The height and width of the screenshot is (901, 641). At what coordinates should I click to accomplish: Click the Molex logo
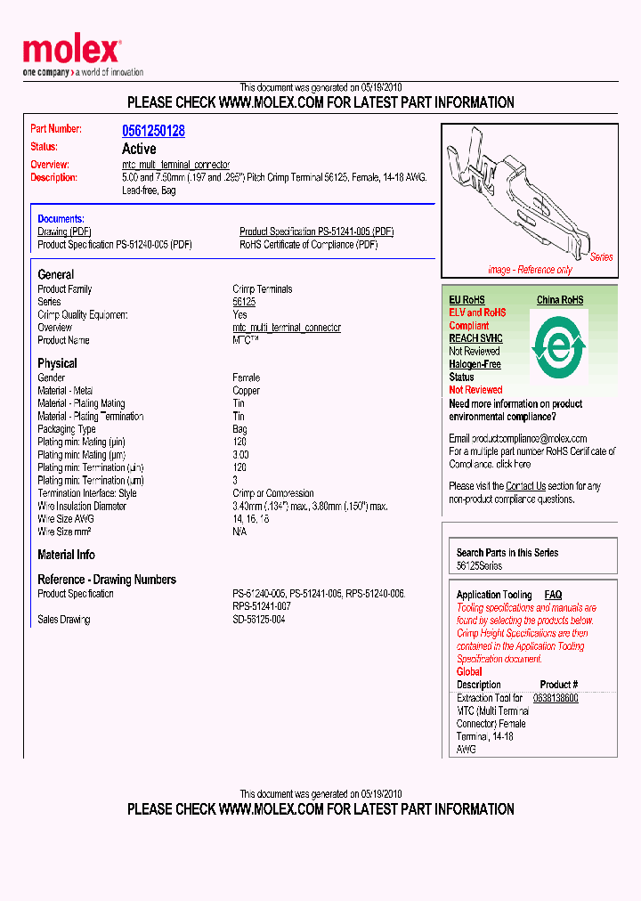click(72, 52)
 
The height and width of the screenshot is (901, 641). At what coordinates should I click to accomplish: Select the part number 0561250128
click(153, 131)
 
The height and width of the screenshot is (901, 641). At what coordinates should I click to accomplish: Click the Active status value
click(139, 149)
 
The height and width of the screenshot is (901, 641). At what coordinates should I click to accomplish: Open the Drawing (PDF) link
click(65, 231)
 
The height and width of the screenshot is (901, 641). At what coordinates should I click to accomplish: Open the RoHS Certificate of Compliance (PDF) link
click(308, 245)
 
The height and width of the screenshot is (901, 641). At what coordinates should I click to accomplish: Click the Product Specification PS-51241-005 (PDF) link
click(316, 231)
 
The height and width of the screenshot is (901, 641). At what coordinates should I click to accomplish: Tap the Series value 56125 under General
click(244, 302)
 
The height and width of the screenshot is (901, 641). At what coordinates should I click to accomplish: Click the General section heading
click(55, 275)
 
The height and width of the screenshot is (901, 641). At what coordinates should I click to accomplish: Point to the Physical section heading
click(57, 363)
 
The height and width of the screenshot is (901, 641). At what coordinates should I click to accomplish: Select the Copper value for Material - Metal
click(246, 391)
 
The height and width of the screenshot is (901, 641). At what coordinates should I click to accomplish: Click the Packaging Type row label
click(67, 429)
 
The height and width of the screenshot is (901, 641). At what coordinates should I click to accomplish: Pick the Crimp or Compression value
click(272, 493)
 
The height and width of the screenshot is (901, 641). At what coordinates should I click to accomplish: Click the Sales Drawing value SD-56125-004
click(258, 620)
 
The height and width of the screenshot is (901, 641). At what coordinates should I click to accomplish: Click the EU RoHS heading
click(467, 300)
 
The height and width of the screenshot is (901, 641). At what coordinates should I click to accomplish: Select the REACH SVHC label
click(475, 338)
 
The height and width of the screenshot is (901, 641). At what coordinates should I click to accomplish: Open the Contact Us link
click(525, 486)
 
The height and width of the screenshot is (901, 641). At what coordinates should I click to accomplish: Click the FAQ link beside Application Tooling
click(553, 595)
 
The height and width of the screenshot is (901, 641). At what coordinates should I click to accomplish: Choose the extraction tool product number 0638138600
click(556, 698)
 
